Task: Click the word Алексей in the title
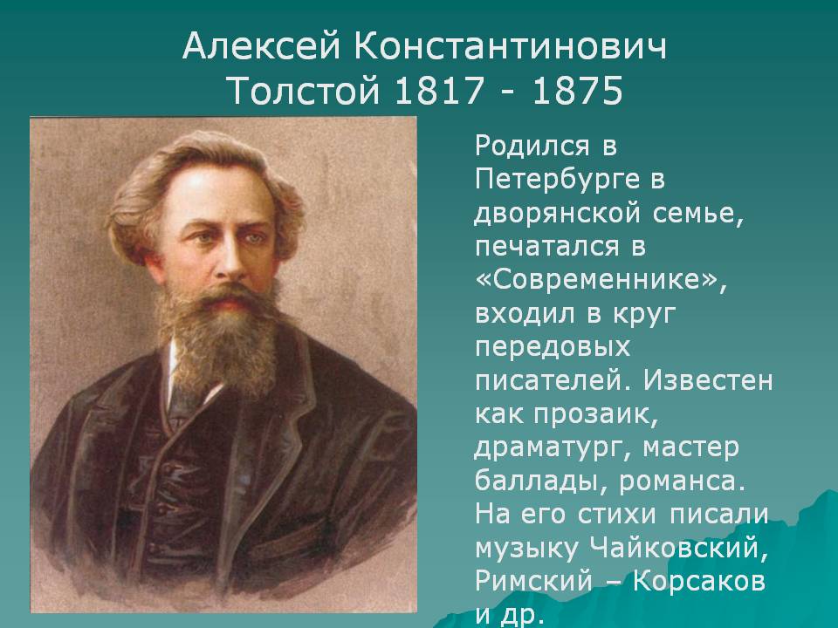pos(261,47)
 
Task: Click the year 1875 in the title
pos(578,89)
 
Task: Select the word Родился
pos(532,147)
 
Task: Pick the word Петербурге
pos(556,181)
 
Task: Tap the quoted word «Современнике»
pos(601,280)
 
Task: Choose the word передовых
pos(553,348)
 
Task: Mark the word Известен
pos(708,381)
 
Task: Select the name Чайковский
pos(679,548)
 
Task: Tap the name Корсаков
pos(699,581)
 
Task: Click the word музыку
pos(526,549)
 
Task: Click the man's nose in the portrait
pos(233,262)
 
